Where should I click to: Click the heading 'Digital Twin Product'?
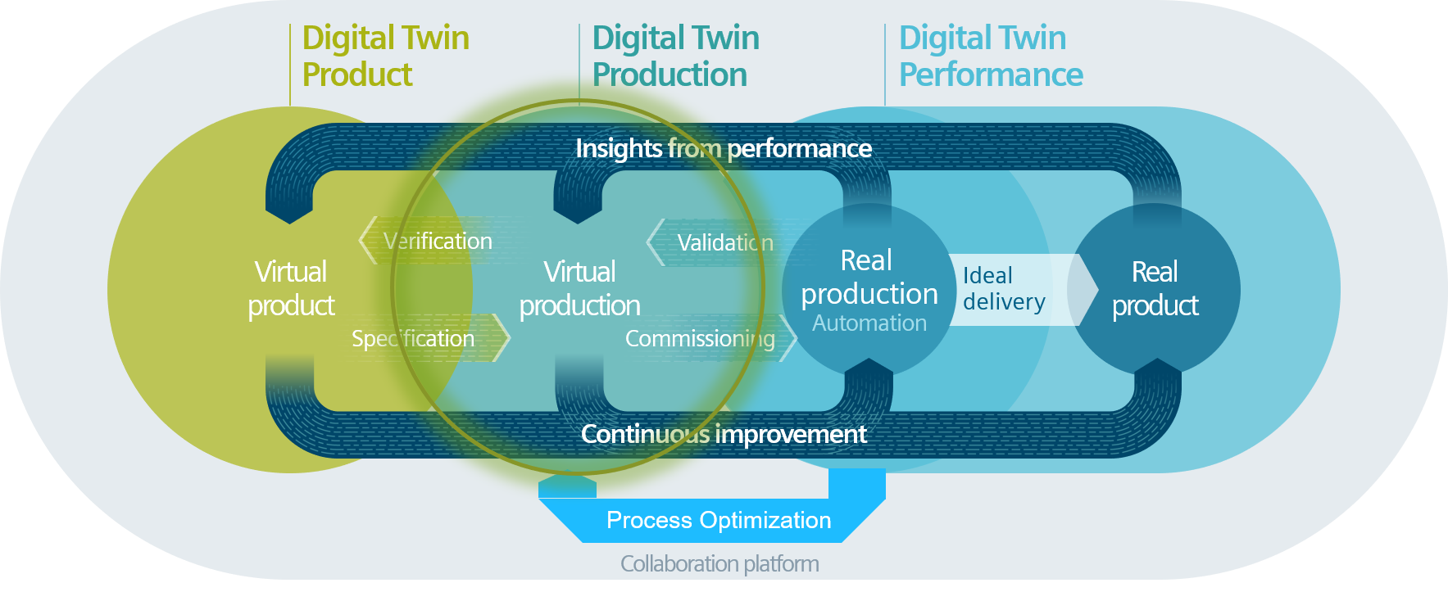(x=385, y=56)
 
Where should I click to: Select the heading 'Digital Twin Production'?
(x=675, y=56)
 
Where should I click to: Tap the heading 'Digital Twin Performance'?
(x=990, y=56)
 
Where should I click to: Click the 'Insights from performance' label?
(x=724, y=148)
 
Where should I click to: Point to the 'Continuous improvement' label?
(x=724, y=434)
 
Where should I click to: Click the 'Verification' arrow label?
(x=438, y=241)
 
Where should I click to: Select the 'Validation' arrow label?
(x=725, y=242)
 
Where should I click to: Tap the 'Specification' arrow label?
(x=413, y=338)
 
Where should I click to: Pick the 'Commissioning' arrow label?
(x=700, y=338)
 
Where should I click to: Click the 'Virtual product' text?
(x=291, y=288)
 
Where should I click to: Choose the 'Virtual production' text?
(x=579, y=288)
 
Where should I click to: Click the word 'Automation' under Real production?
(x=869, y=323)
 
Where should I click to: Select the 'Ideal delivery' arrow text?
(x=1003, y=288)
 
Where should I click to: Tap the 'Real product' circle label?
(x=1155, y=288)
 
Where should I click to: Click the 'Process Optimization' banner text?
(x=719, y=520)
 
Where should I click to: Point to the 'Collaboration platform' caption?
(x=719, y=563)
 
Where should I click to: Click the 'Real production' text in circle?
(x=869, y=277)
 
